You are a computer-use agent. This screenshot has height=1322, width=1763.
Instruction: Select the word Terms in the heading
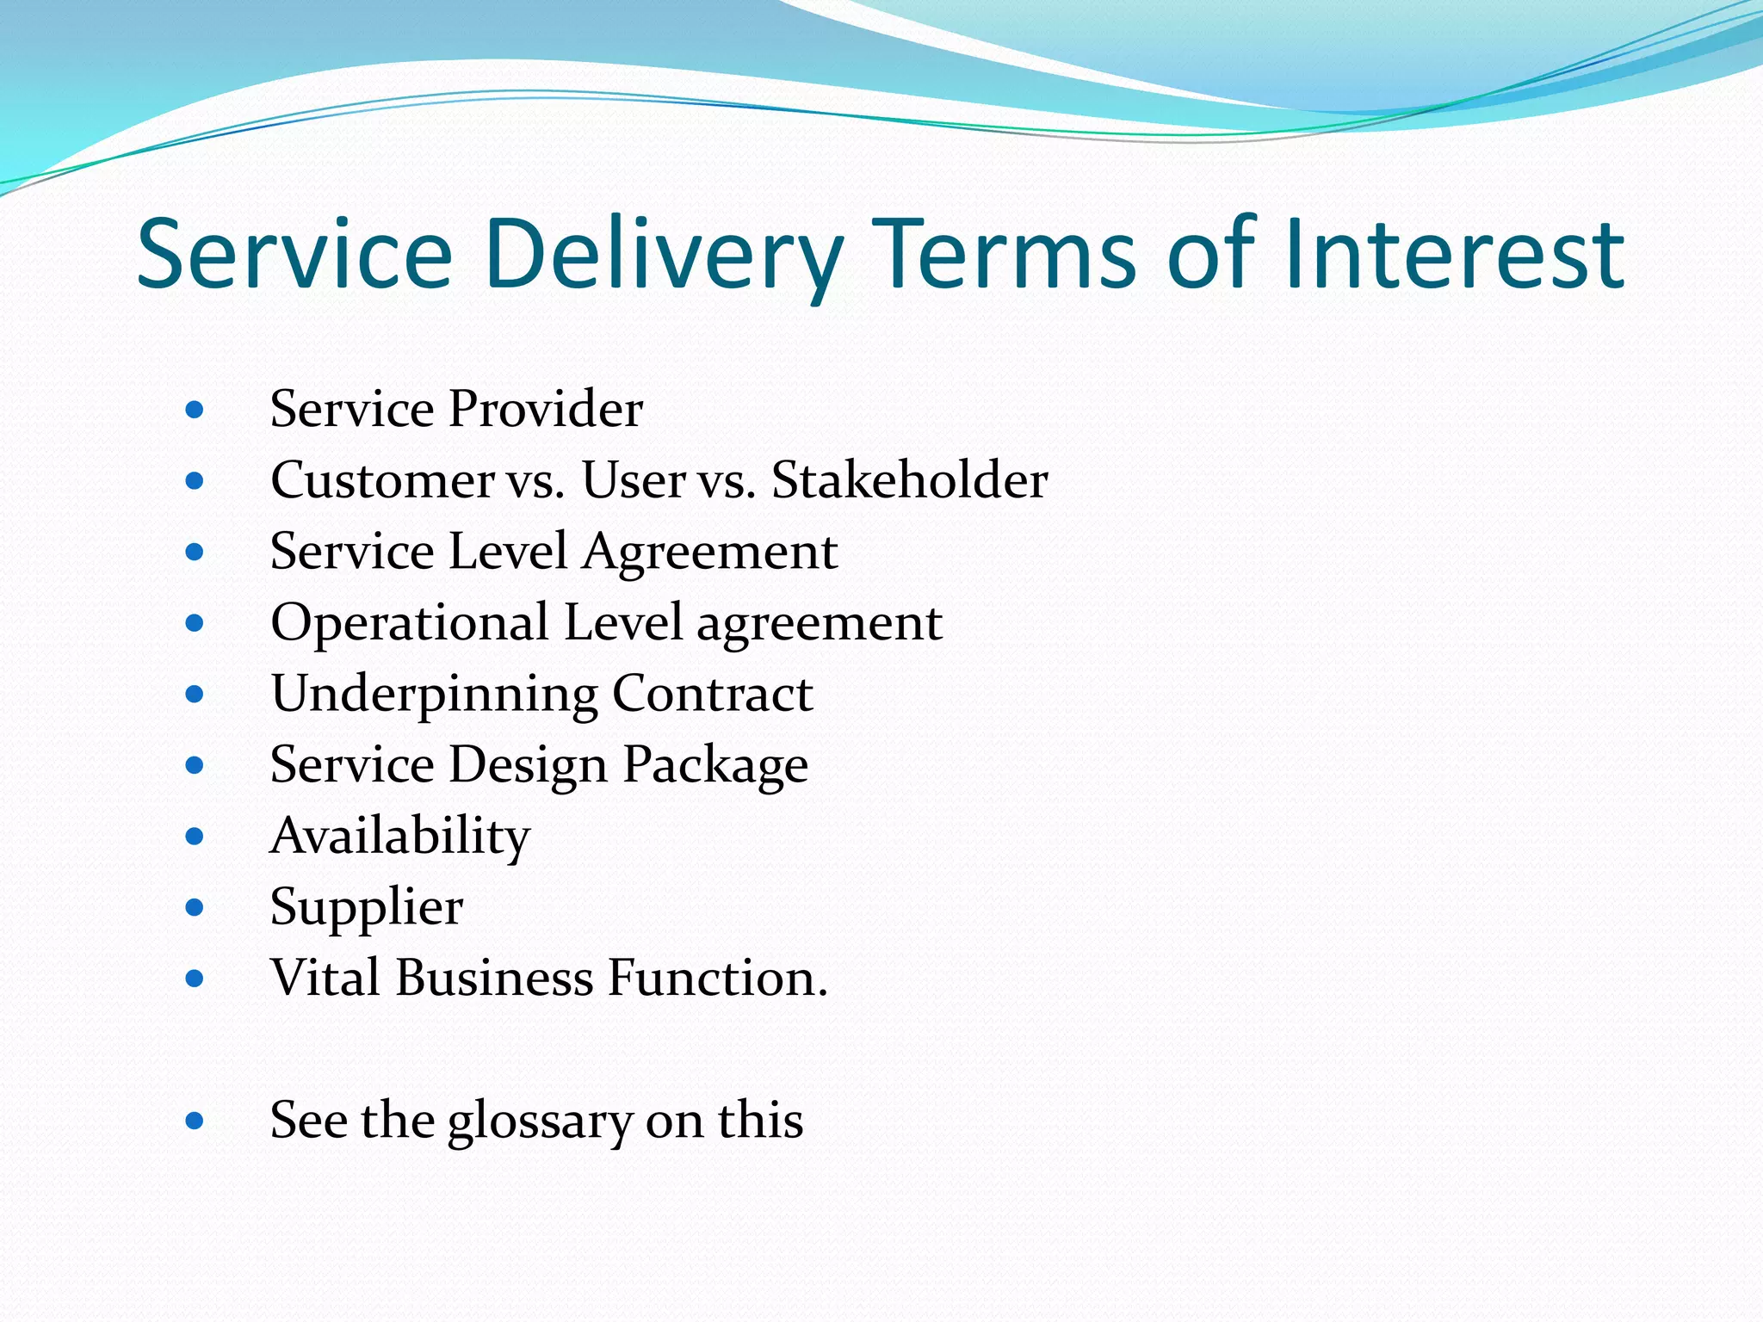[1005, 255]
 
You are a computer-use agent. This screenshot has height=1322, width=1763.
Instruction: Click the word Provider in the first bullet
[546, 408]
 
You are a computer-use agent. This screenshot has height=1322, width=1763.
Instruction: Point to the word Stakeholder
[909, 479]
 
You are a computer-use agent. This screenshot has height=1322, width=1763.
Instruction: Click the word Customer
[382, 479]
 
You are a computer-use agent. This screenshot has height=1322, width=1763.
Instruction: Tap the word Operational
[410, 622]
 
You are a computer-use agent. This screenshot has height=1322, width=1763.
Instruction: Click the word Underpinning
[434, 694]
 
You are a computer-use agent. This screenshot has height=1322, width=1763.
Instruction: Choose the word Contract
[713, 694]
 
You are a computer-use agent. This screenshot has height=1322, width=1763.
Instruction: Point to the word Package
[715, 765]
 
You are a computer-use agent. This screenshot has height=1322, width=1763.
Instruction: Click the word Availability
[400, 836]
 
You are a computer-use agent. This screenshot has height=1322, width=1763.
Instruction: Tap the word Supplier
[367, 907]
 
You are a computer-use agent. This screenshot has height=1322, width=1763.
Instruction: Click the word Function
[717, 978]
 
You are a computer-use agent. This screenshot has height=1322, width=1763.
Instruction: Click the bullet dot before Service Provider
[195, 410]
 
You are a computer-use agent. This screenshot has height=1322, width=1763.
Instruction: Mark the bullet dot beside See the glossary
[195, 1121]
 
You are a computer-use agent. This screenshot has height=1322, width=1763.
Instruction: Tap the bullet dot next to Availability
[195, 837]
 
